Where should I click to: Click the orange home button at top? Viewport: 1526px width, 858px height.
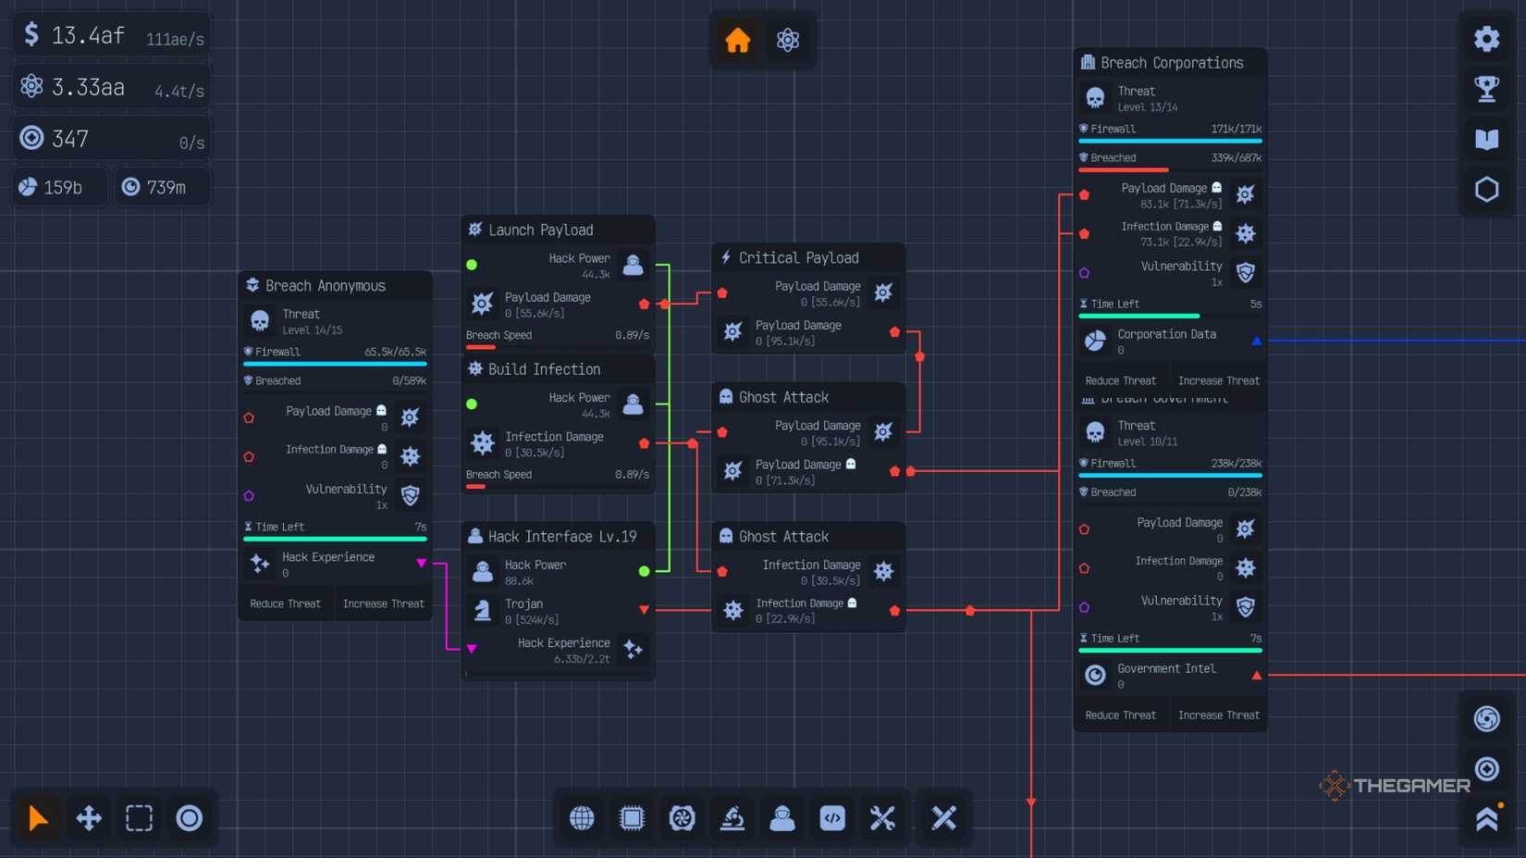737,40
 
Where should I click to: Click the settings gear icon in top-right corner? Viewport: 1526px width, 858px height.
1486,39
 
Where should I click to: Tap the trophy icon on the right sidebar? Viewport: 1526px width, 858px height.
1486,89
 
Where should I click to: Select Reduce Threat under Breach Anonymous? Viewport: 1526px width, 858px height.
285,603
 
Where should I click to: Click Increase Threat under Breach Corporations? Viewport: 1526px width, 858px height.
1218,380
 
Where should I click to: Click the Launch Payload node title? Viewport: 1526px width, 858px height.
540,230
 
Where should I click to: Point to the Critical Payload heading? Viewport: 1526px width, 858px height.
798,257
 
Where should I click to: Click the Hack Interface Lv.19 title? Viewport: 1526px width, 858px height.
561,536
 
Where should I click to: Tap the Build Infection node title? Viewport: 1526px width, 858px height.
544,368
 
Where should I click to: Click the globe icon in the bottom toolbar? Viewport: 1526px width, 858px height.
582,817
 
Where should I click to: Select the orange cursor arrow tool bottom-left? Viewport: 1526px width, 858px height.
38,817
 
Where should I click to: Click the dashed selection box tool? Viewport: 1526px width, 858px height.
139,817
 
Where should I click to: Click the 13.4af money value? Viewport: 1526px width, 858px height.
87,35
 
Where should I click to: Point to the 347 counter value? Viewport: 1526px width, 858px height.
70,139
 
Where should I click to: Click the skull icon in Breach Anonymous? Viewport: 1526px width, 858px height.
260,321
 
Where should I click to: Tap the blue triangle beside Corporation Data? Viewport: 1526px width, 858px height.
1256,341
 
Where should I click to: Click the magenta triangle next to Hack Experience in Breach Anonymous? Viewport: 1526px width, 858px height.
421,563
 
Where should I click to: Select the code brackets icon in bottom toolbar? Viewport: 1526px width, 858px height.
831,817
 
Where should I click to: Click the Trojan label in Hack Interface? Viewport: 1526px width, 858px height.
523,603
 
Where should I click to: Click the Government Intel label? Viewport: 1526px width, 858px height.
1165,668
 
